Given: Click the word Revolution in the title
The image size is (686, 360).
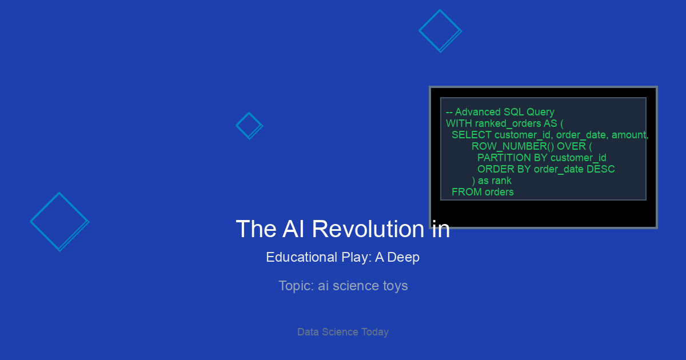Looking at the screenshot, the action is click(368, 229).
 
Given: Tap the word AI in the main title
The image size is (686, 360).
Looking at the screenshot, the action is click(293, 229).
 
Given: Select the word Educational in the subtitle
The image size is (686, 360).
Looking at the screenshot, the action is click(301, 257).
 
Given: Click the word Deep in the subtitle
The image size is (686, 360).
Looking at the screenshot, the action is click(404, 258).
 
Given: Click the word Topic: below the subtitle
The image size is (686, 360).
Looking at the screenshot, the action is click(296, 286).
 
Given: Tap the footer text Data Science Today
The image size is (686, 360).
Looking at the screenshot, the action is click(343, 332).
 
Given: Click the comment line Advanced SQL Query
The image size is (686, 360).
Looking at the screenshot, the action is click(500, 112).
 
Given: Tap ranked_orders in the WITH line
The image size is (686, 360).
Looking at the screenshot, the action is click(508, 123).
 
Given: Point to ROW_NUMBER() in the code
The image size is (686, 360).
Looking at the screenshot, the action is click(513, 146).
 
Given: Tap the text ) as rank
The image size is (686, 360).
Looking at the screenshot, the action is click(492, 181).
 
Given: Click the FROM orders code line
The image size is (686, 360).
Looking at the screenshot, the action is click(482, 192).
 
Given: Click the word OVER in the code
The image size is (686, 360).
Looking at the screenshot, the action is click(571, 146).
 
